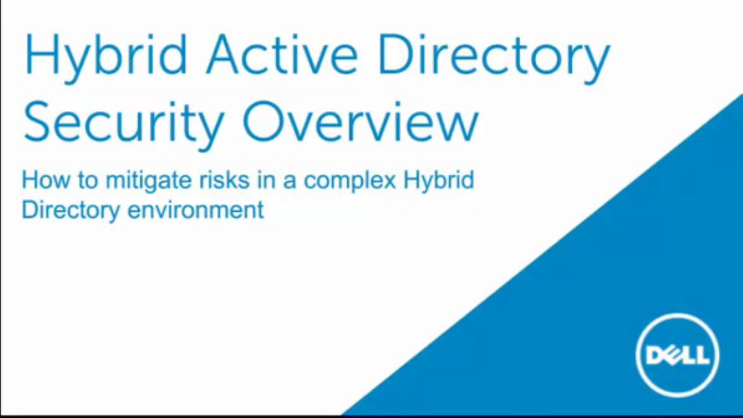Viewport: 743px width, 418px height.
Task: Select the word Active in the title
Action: pos(282,54)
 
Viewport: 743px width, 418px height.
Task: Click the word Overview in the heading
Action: pos(361,121)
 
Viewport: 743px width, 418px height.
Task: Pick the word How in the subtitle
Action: pos(46,180)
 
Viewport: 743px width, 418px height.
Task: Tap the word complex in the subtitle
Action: pos(350,182)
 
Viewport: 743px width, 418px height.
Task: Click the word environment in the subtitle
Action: pos(196,210)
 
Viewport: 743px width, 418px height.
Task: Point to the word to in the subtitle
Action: pos(88,181)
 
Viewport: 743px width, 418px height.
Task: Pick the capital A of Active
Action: pos(222,54)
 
